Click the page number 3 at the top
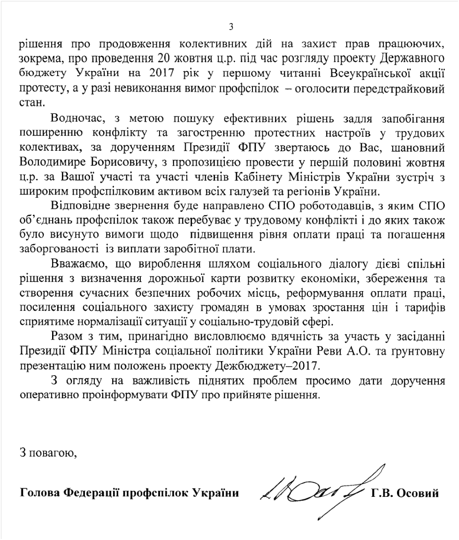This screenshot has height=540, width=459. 230,27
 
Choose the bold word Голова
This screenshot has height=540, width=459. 40,494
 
